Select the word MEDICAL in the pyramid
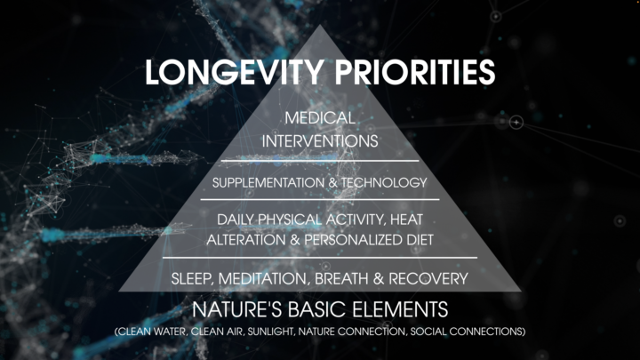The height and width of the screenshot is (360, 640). (320, 118)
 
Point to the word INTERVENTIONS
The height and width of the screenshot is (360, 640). (320, 140)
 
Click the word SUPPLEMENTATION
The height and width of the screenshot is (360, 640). (268, 183)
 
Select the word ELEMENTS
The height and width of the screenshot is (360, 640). (398, 310)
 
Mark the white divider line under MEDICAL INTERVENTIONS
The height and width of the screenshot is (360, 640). (320, 161)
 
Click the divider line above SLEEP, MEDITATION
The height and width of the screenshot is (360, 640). (320, 258)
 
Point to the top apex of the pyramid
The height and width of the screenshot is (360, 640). (320, 25)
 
